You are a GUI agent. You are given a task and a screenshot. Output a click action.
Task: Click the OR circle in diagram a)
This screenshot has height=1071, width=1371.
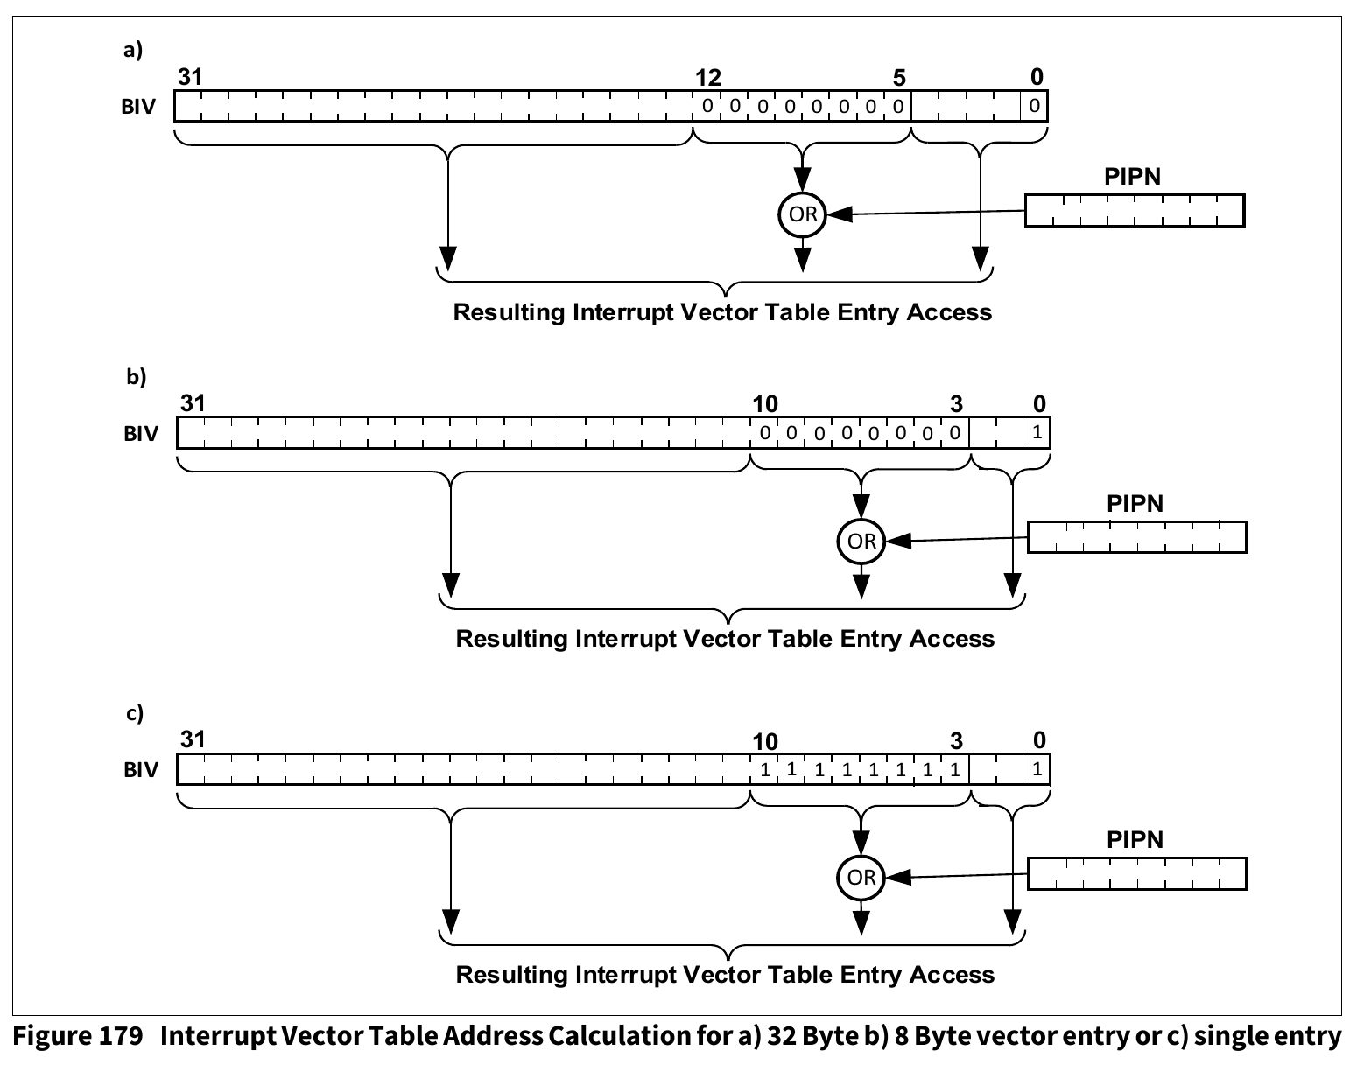point(803,214)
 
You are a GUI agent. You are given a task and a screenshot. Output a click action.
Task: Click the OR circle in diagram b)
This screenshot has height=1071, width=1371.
point(861,542)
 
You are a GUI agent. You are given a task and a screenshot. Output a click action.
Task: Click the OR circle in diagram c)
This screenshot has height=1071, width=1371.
point(861,877)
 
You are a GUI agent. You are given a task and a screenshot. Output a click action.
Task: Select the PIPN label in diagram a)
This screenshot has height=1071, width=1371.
point(1132,177)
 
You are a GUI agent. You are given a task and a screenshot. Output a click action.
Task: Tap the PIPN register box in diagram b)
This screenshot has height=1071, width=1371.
point(1136,537)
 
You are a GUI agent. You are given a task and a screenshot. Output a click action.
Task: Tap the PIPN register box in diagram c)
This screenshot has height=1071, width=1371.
point(1136,873)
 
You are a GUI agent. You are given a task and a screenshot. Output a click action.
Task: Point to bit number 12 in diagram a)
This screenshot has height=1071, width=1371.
point(707,78)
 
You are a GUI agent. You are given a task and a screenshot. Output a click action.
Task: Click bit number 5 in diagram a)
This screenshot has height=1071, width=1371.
point(899,78)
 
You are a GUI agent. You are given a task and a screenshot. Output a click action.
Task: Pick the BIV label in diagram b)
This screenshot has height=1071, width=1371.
point(140,434)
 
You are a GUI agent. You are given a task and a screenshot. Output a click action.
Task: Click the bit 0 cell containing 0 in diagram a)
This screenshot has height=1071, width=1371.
point(1034,107)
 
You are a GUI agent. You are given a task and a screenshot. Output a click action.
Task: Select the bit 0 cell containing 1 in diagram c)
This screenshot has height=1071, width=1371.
point(1037,770)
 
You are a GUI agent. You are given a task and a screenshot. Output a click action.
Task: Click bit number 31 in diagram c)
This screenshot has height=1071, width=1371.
point(193,739)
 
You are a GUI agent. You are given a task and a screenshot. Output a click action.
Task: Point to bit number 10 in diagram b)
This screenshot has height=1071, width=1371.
point(764,404)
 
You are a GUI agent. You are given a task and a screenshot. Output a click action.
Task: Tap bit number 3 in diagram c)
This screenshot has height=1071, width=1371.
point(956,741)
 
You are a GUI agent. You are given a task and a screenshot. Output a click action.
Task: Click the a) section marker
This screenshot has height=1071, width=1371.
point(132,50)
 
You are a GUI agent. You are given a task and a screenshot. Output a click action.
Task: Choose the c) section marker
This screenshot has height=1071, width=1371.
point(134,713)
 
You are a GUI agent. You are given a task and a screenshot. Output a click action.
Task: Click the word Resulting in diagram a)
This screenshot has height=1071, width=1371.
point(510,312)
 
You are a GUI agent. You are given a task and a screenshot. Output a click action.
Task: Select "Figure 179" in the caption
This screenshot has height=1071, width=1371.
point(78,1037)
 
